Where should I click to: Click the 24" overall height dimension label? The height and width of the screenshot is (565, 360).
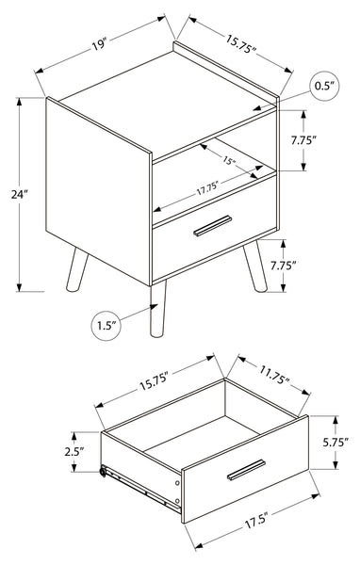tap(19, 195)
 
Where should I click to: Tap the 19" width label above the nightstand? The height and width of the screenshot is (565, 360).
tap(99, 45)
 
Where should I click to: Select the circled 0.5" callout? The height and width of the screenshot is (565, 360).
tap(324, 86)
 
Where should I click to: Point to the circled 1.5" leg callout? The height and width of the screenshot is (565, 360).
tap(106, 326)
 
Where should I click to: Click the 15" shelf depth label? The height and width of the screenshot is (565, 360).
tap(229, 160)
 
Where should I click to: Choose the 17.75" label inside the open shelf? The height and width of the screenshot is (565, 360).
tap(208, 187)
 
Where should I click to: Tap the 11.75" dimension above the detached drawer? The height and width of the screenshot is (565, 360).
tap(273, 375)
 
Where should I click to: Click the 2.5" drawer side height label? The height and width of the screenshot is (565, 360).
tap(74, 451)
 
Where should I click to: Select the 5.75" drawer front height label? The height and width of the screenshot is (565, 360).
tap(335, 443)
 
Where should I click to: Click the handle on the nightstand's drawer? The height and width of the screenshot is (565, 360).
tap(213, 226)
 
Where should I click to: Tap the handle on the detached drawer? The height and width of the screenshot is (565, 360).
tap(246, 470)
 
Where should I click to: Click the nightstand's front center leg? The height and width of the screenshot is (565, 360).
tap(157, 309)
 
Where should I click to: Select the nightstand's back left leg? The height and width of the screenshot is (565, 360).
tap(77, 269)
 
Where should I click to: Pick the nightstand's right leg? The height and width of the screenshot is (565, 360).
tap(255, 266)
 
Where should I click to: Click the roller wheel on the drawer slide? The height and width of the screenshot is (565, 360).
tap(103, 471)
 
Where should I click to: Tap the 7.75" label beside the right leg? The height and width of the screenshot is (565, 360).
tap(284, 266)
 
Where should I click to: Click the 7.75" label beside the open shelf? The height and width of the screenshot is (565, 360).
tap(303, 140)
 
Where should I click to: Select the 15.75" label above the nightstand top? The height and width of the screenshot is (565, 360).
tap(241, 44)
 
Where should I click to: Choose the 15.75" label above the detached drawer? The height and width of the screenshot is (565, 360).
tap(154, 382)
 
